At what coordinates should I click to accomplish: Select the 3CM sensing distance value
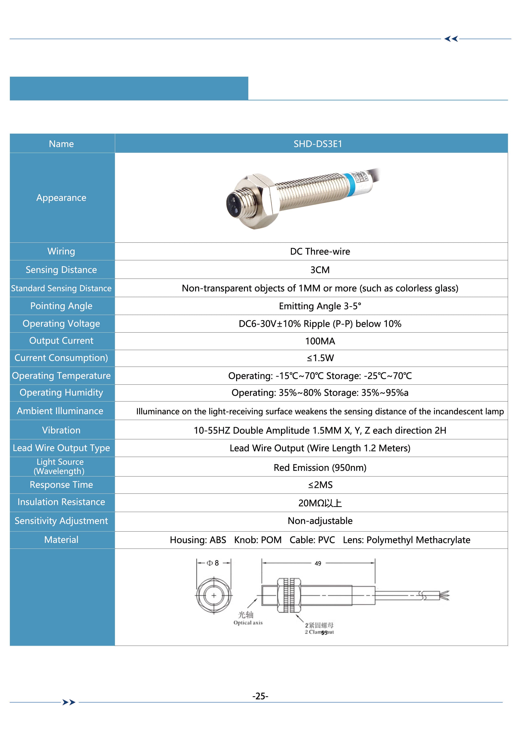pyautogui.click(x=320, y=270)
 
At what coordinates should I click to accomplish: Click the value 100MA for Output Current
pyautogui.click(x=320, y=341)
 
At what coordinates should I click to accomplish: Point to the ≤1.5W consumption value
pyautogui.click(x=320, y=358)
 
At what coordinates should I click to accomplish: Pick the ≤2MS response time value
pyautogui.click(x=320, y=485)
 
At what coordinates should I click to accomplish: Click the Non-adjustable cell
pyautogui.click(x=320, y=521)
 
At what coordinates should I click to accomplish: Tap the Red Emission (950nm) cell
pyautogui.click(x=320, y=467)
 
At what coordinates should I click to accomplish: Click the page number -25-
pyautogui.click(x=260, y=696)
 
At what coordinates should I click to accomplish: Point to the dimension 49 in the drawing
pyautogui.click(x=318, y=563)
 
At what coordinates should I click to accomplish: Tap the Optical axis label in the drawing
pyautogui.click(x=248, y=623)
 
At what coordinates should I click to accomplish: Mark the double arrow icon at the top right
pyautogui.click(x=451, y=39)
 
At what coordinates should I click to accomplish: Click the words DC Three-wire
pyautogui.click(x=320, y=251)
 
